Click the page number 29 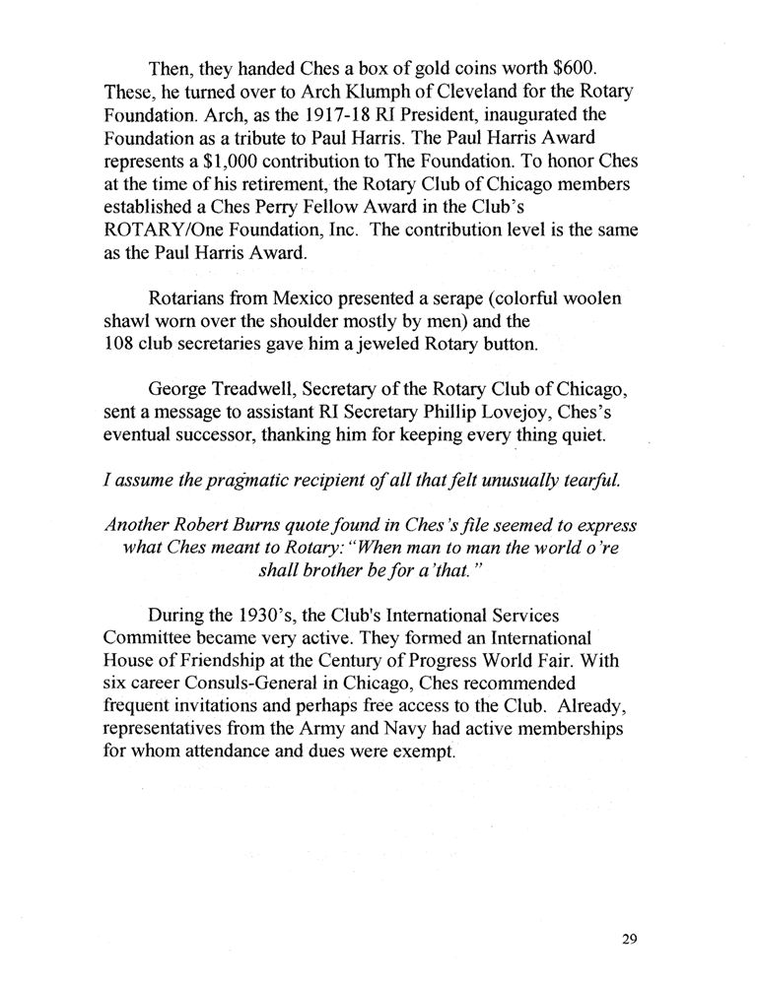point(630,939)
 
